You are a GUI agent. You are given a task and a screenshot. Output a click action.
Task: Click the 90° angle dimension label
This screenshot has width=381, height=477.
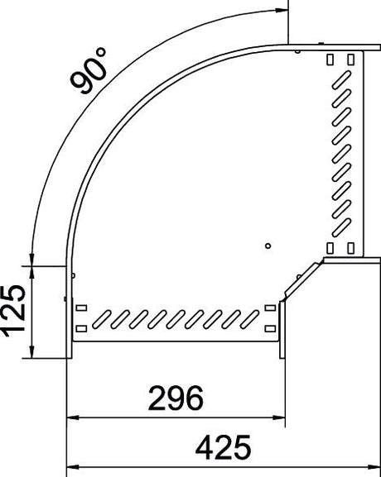tap(89, 70)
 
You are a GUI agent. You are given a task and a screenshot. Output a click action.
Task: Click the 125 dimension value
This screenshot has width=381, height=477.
tap(14, 311)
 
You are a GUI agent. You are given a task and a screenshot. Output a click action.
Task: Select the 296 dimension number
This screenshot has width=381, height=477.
tap(176, 398)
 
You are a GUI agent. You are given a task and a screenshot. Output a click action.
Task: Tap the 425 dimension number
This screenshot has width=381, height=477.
tap(223, 447)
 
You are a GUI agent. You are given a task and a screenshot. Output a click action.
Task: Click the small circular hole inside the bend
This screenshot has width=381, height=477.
tap(268, 246)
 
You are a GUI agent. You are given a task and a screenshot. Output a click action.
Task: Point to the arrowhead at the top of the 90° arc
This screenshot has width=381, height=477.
tap(282, 10)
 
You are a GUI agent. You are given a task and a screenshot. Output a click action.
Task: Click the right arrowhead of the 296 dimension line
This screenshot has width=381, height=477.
tap(278, 417)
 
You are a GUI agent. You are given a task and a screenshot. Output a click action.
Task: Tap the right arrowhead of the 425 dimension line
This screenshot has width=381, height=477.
tap(374, 467)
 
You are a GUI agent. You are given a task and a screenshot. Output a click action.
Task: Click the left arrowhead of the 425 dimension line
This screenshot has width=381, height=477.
tap(73, 467)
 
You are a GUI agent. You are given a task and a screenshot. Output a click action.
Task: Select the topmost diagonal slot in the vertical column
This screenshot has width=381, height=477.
tap(341, 80)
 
